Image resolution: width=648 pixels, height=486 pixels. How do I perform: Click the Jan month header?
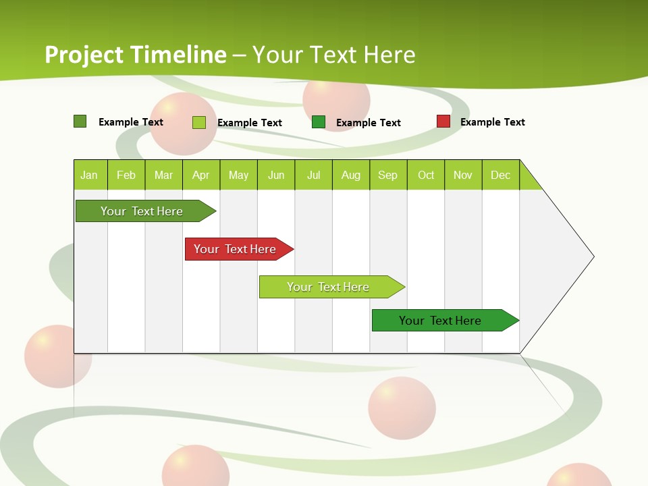click(89, 175)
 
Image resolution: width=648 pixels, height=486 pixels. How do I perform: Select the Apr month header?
click(200, 175)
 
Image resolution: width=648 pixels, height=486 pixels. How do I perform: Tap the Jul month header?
click(313, 175)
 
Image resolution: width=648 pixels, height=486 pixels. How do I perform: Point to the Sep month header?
click(387, 175)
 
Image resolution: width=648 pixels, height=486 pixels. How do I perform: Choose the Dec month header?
click(500, 175)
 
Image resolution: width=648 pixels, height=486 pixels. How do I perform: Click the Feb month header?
click(126, 175)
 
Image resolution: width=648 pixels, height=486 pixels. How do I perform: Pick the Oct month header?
click(426, 175)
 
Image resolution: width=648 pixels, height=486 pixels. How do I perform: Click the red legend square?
click(443, 122)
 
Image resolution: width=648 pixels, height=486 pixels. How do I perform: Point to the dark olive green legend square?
click(80, 122)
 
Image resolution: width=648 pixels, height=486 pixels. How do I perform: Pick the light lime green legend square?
click(199, 122)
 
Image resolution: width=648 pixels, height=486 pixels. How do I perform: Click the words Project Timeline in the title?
click(135, 55)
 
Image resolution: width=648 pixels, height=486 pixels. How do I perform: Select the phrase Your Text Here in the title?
click(333, 55)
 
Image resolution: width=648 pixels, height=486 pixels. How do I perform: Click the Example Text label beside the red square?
click(492, 122)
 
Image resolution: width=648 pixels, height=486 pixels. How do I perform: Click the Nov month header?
click(463, 175)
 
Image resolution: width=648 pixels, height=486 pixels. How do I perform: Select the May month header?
click(238, 175)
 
